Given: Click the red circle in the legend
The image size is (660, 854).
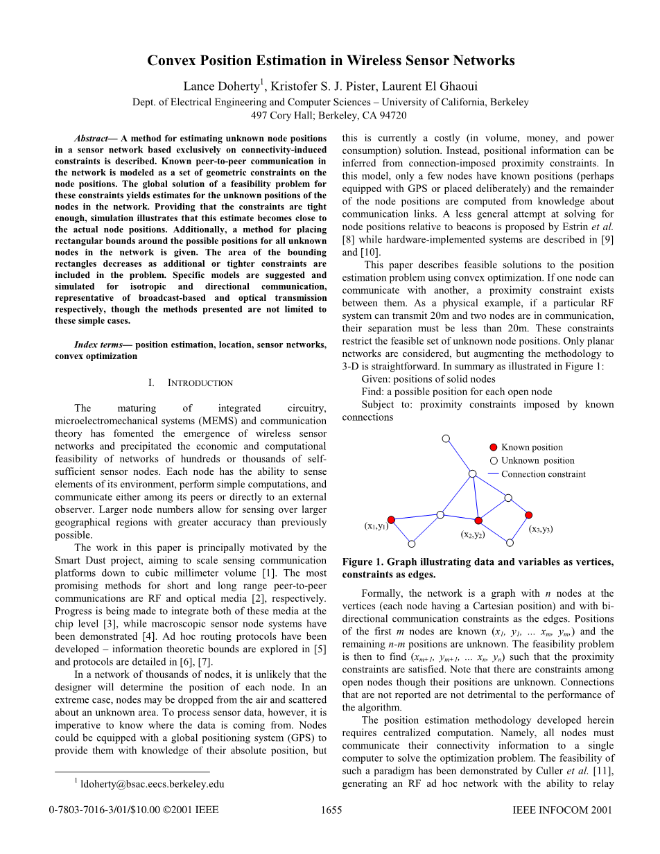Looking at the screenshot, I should point(493,447).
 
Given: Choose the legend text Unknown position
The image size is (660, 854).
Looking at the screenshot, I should point(537,460).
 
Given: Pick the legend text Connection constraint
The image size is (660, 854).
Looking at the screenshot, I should point(543,474).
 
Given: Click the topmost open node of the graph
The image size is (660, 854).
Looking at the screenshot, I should point(446,439).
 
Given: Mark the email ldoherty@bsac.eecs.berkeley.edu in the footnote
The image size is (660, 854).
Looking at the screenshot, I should point(153,784).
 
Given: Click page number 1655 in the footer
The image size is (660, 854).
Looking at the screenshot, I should point(332,810).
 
